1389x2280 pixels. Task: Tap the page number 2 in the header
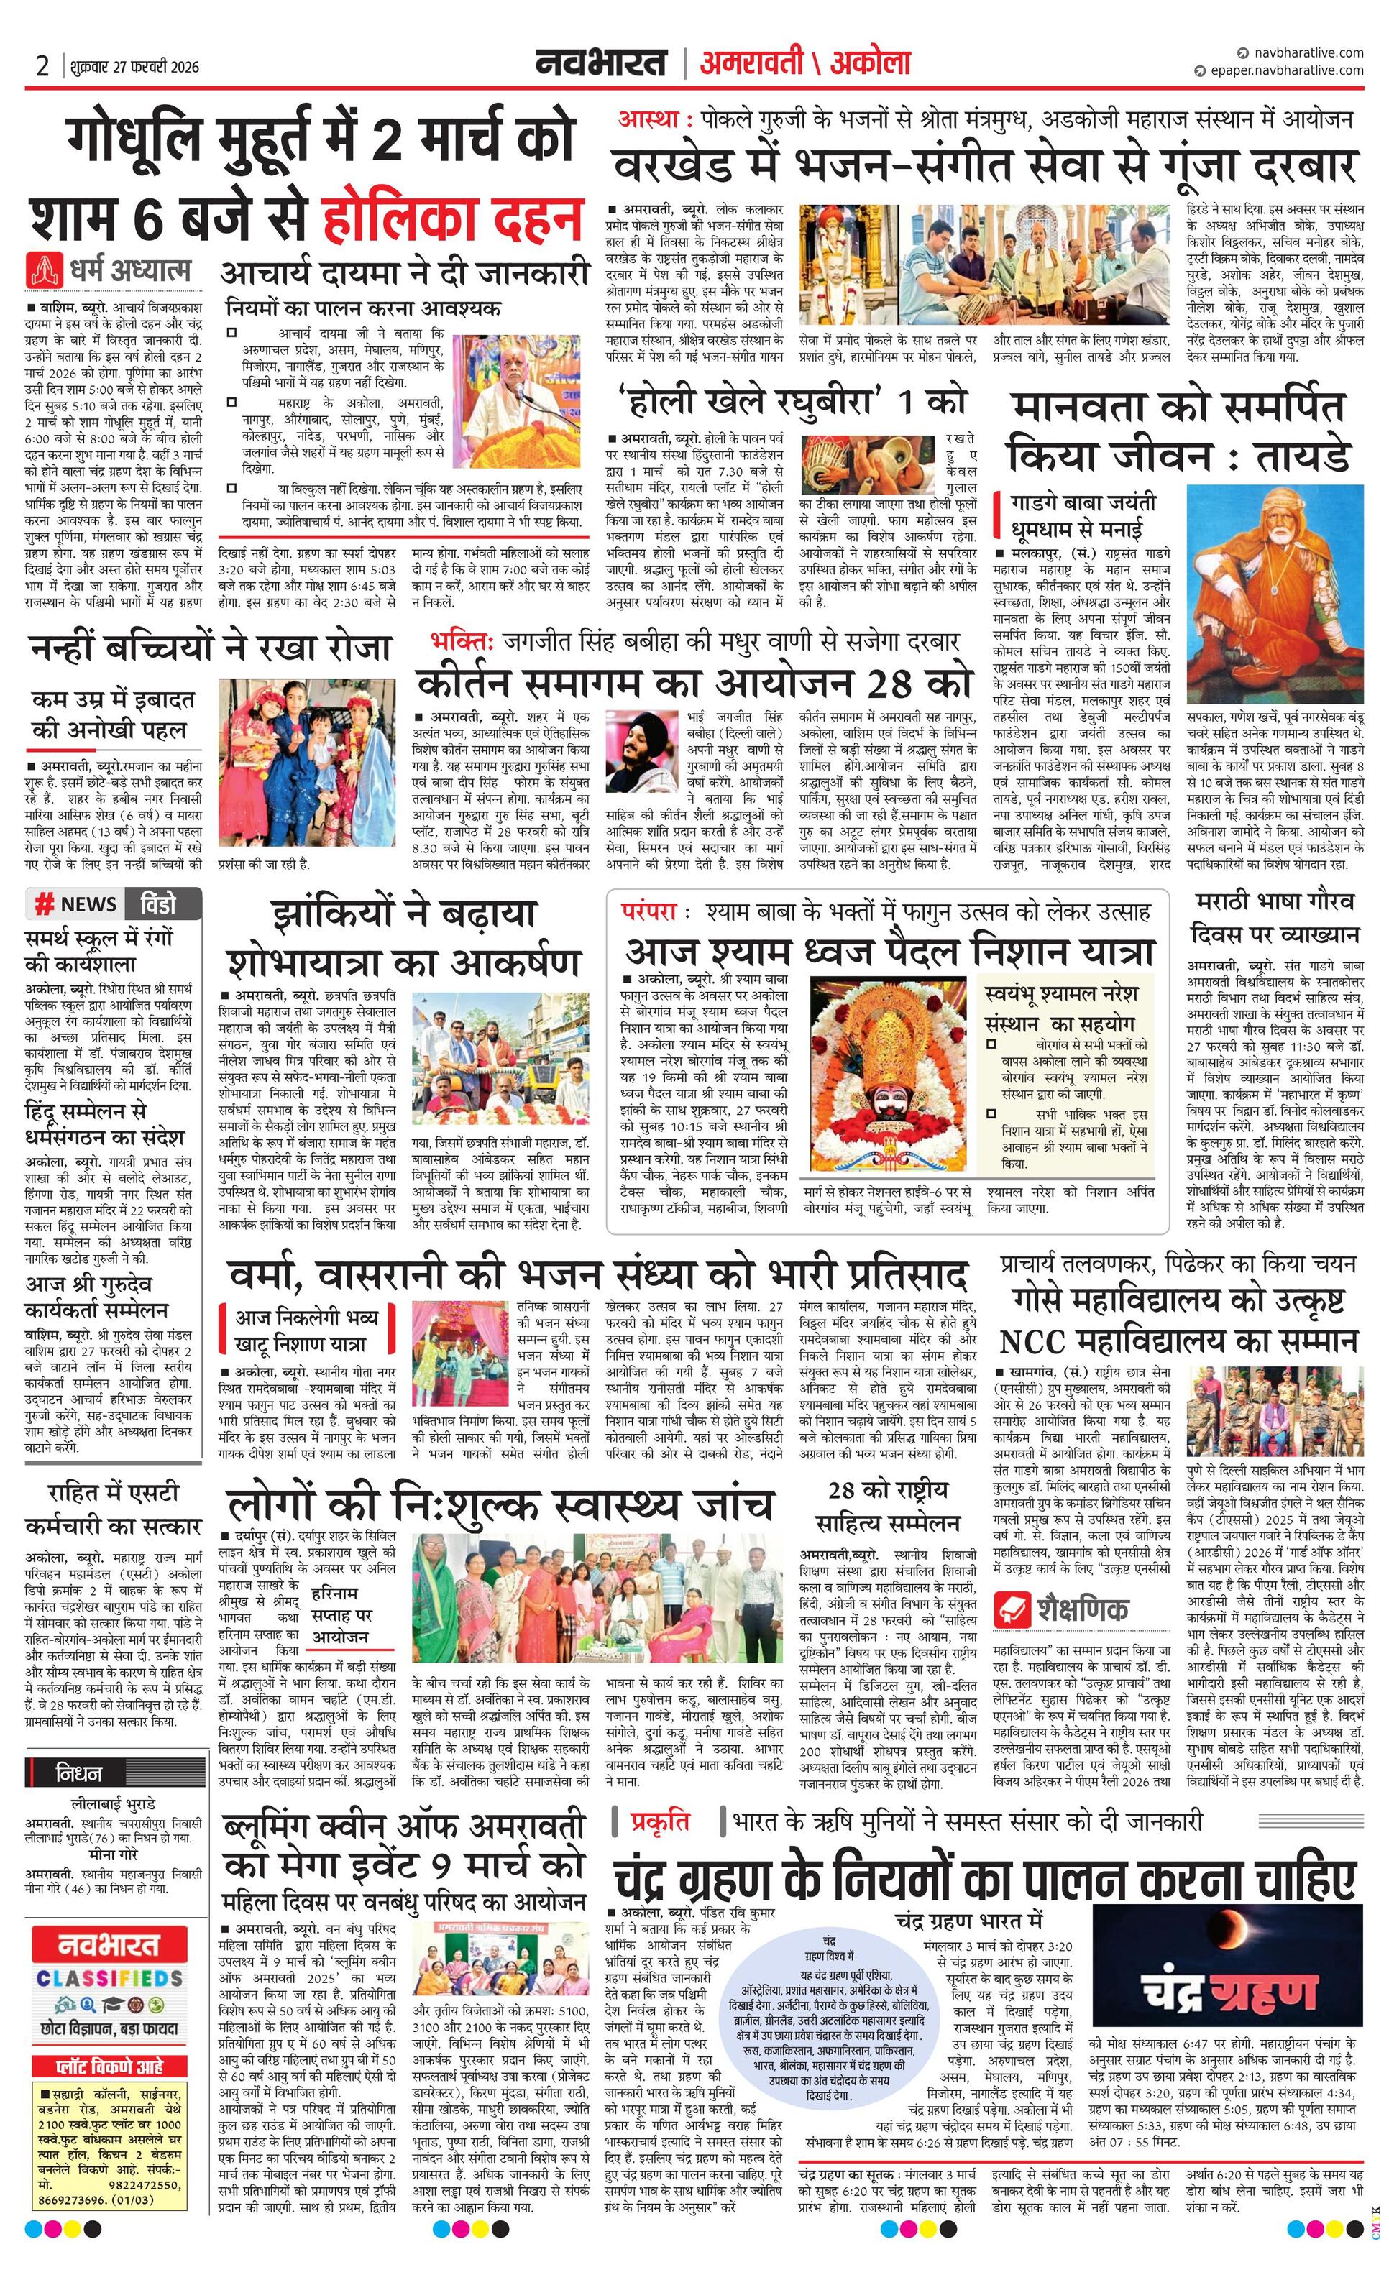(x=42, y=65)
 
